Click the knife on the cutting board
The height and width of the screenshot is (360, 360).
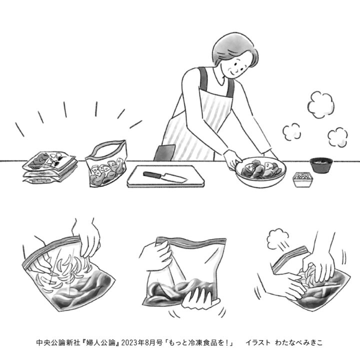coord(164,176)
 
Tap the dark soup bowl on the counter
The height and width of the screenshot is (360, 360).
coord(321,165)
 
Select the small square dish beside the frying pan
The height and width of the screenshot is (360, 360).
coord(303,179)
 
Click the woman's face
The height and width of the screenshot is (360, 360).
coord(236,65)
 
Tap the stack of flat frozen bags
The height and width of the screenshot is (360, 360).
coord(50,166)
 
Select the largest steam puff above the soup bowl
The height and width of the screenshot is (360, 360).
coord(320,105)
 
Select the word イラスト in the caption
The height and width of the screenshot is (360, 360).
coord(258,343)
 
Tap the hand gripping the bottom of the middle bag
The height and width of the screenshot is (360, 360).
coord(199,298)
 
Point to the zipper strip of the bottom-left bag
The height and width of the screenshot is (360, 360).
coord(51,251)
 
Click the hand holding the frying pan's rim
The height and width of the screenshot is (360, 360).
coord(232,159)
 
